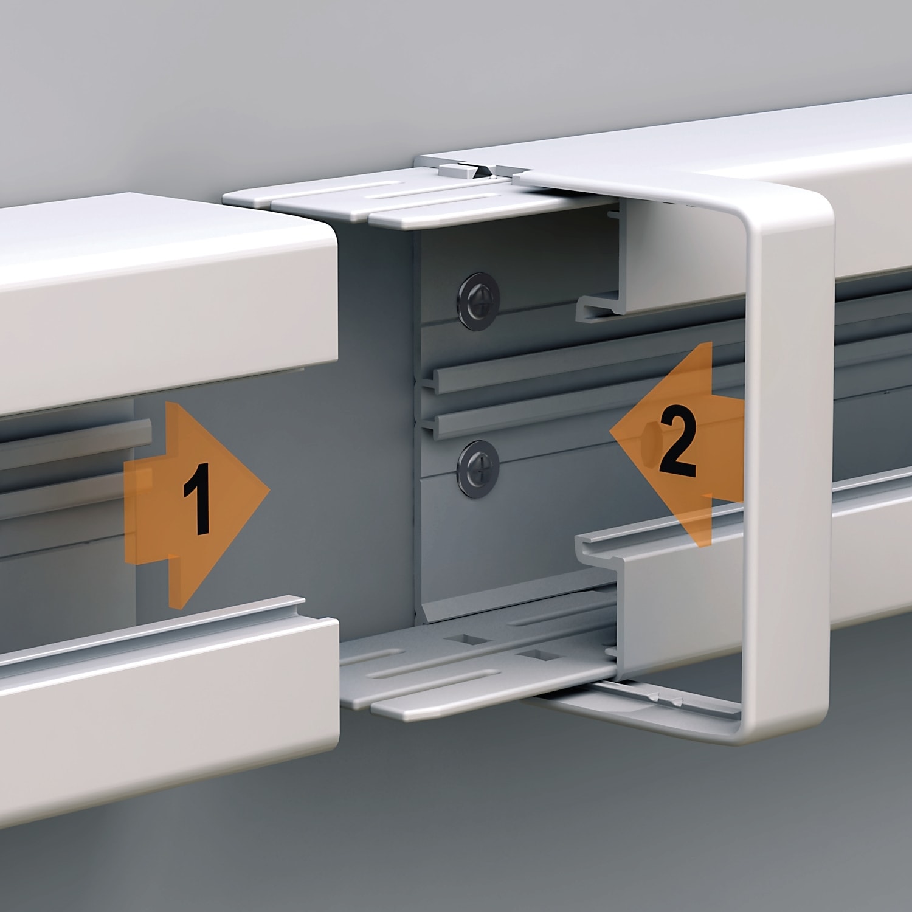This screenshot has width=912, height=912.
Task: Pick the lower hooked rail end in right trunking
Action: tap(599, 544)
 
